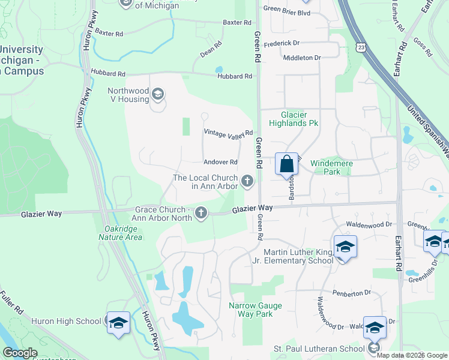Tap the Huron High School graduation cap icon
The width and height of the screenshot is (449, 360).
118,322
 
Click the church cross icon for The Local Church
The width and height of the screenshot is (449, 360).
247,181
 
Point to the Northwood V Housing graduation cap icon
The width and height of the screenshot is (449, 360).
158,94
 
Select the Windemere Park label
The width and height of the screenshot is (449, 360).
331,167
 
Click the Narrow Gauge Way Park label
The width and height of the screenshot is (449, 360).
251,310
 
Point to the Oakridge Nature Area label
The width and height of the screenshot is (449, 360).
121,233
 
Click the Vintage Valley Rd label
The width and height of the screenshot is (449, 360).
229,133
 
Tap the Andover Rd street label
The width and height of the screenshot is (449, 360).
221,162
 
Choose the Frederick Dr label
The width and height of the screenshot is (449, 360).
281,43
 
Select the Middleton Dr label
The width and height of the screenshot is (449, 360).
301,58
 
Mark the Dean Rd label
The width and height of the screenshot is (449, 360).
211,49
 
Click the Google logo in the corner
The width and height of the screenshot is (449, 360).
19,353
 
